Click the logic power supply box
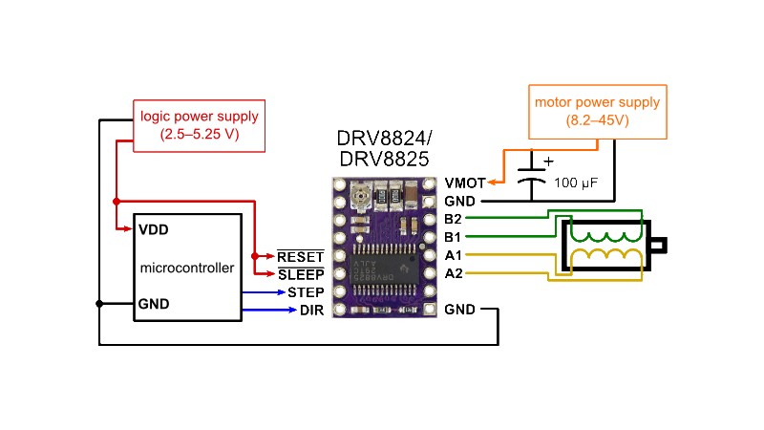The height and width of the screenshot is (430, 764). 200,126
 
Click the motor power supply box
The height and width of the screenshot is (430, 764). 597,112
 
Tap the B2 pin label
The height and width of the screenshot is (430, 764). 455,219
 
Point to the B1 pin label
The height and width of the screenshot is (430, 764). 455,237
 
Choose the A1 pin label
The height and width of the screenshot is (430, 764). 455,255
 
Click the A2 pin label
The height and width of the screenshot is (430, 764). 455,273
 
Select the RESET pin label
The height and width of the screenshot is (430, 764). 301,256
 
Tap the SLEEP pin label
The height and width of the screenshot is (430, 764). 301,274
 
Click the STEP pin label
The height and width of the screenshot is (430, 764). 306,292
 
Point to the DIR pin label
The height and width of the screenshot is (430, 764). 311,311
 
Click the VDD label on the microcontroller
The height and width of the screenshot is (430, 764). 154,230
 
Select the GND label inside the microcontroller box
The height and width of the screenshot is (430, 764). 154,304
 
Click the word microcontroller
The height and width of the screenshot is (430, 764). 187,268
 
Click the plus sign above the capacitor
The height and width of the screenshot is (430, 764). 548,161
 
